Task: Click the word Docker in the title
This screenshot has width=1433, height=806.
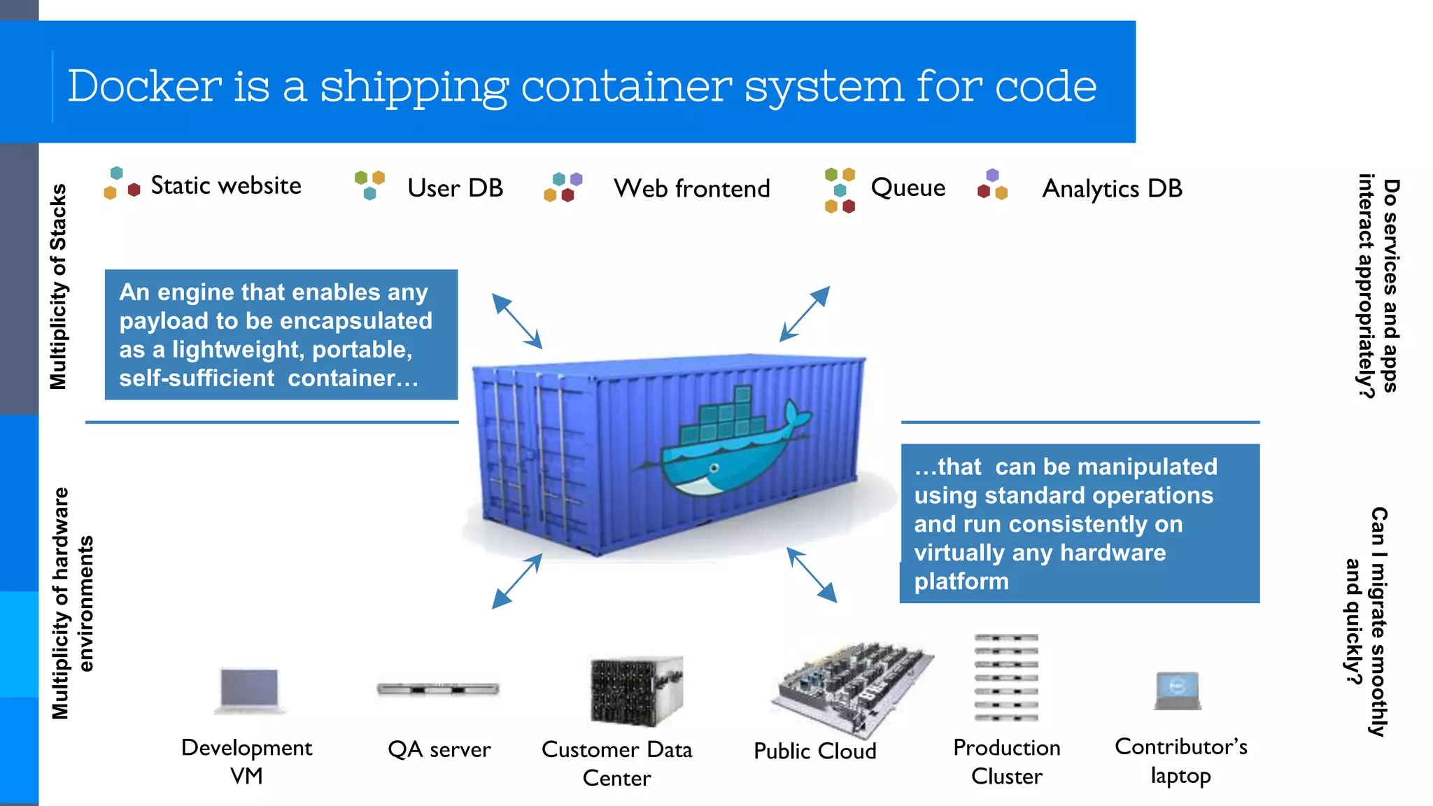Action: tap(144, 86)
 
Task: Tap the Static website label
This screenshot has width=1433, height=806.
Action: tap(226, 185)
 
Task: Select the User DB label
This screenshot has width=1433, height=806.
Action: tap(455, 188)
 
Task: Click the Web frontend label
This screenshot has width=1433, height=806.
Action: tap(691, 189)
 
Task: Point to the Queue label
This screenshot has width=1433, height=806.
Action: tap(908, 188)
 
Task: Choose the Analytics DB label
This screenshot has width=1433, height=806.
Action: tap(1112, 189)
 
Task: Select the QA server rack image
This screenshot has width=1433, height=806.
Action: tap(438, 689)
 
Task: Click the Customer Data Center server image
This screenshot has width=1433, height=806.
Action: tap(635, 692)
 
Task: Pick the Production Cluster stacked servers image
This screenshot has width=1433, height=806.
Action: tap(1006, 677)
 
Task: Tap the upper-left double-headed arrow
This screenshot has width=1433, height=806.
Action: tap(516, 321)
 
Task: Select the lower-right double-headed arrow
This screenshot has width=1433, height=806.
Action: tap(812, 575)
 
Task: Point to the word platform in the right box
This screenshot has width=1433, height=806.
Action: tap(961, 581)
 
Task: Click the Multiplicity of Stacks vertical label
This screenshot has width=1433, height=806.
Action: tap(58, 287)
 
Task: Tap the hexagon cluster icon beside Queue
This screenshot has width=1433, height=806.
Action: tap(840, 190)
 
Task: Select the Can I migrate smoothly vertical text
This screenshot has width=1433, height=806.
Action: tap(1378, 621)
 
